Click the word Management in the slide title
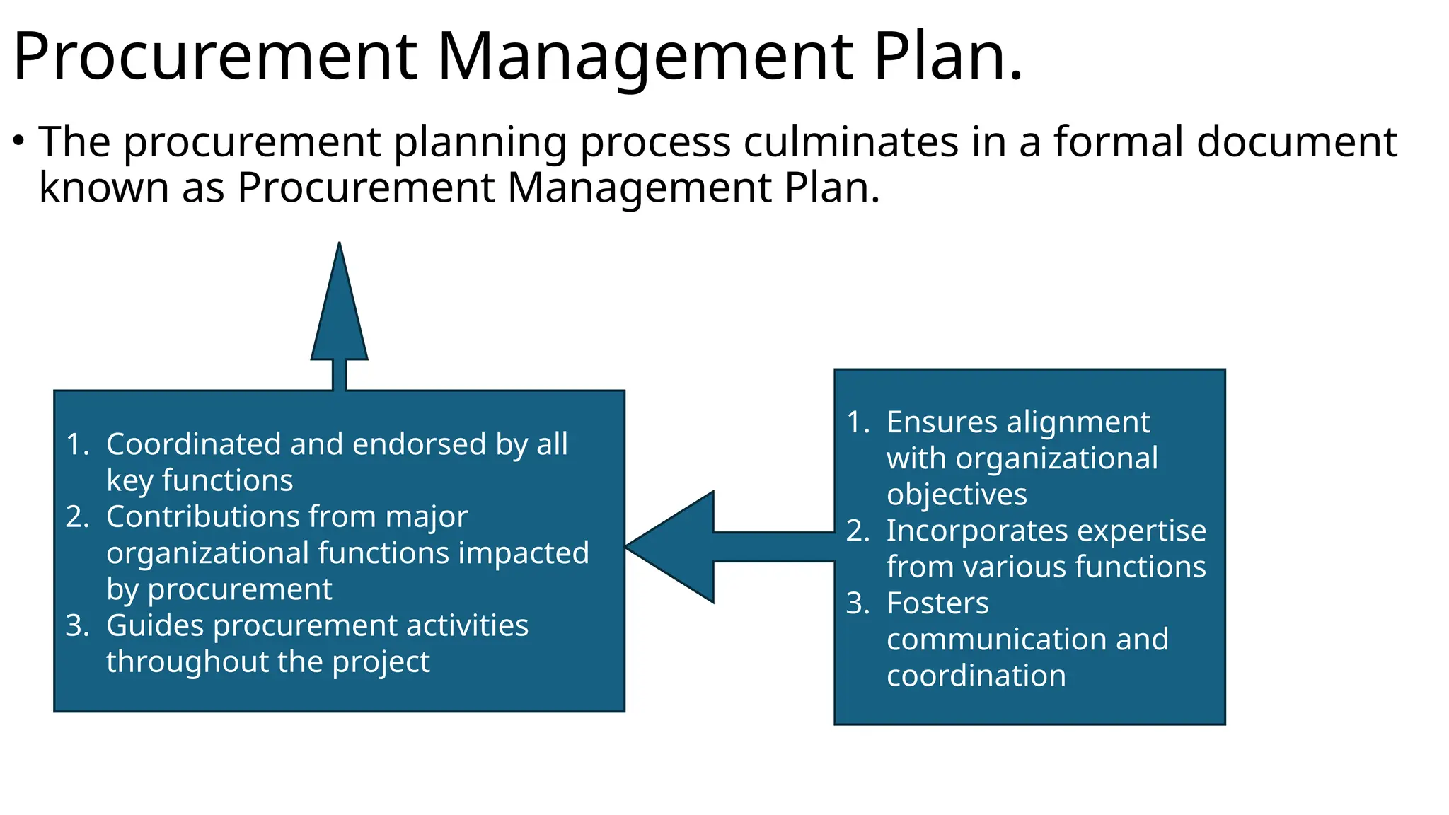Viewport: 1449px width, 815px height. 645,57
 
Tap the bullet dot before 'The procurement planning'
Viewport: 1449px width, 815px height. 19,141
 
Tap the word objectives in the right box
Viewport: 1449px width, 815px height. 957,495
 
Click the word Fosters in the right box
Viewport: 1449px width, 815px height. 937,603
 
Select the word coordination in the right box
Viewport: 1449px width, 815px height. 976,676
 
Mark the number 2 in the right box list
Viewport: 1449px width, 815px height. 856,531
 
